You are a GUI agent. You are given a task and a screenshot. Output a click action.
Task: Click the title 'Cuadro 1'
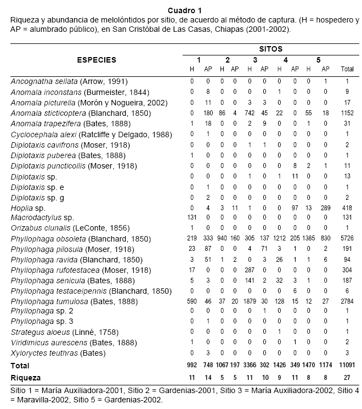184,10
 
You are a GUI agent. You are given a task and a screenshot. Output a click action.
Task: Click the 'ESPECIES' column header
97,60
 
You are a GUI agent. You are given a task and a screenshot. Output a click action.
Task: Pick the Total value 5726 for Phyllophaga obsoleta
347,239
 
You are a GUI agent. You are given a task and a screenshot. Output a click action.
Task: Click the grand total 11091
346,366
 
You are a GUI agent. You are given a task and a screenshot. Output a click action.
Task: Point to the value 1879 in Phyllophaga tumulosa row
250,302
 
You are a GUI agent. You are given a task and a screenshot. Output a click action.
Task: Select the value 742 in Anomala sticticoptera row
250,113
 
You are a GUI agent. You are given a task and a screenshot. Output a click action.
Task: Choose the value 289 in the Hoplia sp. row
325,208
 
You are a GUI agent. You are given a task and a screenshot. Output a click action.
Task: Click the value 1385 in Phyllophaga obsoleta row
309,239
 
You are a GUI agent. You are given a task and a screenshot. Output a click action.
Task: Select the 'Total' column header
347,70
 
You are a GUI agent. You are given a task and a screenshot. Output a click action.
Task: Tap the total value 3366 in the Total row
250,366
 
